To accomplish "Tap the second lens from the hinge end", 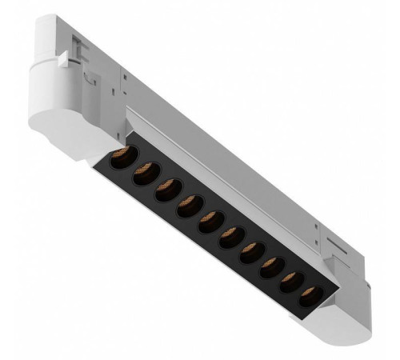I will point(145,172).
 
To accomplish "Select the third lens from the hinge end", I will point(167,190).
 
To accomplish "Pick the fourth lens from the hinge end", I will point(190,206).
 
